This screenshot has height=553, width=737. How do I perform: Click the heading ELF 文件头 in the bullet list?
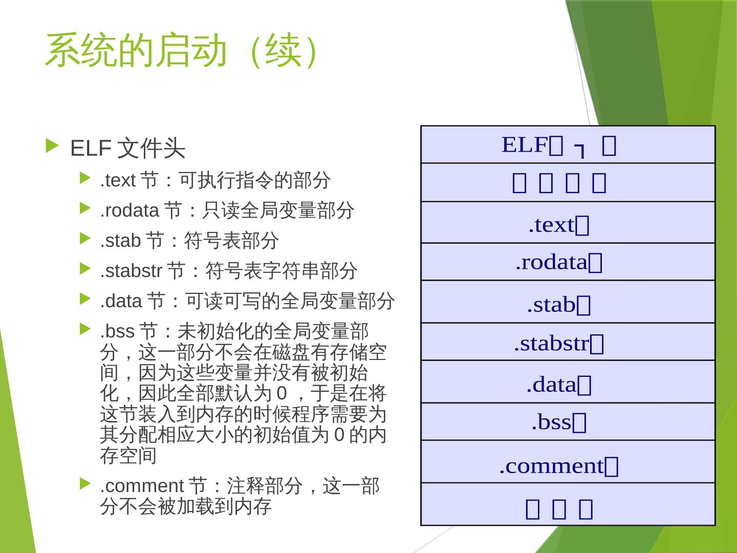pyautogui.click(x=127, y=148)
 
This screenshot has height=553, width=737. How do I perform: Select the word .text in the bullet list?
pyautogui.click(x=117, y=180)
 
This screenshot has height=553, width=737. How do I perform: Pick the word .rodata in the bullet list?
pyautogui.click(x=129, y=210)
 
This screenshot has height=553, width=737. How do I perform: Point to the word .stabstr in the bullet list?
pyautogui.click(x=131, y=271)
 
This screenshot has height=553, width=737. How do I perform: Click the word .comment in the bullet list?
pyautogui.click(x=141, y=485)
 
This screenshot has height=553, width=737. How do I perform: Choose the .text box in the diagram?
pyautogui.click(x=568, y=223)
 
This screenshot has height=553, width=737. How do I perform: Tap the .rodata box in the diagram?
pyautogui.click(x=568, y=262)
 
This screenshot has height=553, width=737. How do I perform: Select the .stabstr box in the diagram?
pyautogui.click(x=568, y=342)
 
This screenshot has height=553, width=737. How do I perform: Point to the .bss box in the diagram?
pyautogui.click(x=568, y=421)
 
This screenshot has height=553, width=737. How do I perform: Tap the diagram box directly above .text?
pyautogui.click(x=568, y=183)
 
